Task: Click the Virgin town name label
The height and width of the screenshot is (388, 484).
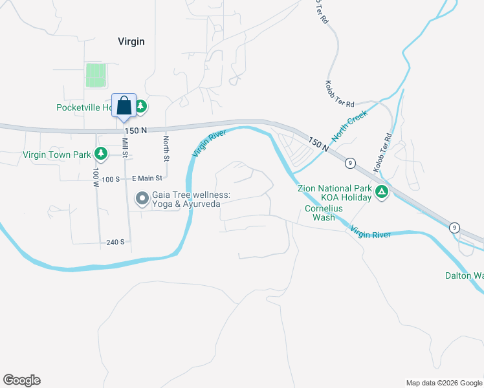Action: [131, 41]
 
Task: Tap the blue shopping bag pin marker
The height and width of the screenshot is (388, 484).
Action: [124, 105]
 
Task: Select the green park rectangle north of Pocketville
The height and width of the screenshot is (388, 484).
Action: [95, 75]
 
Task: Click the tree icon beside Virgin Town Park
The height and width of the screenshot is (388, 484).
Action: [100, 154]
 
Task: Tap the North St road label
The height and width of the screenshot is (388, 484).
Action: [166, 149]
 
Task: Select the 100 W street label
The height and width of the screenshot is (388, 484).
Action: [95, 178]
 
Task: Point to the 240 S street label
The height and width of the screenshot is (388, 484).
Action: [116, 242]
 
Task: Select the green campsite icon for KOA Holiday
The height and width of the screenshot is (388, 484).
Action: [382, 191]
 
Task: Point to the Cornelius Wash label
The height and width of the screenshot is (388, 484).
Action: [324, 213]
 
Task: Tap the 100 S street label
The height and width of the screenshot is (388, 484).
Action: [112, 178]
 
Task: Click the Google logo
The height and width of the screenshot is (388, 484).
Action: [21, 380]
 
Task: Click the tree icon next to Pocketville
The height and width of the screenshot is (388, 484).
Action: [140, 106]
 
